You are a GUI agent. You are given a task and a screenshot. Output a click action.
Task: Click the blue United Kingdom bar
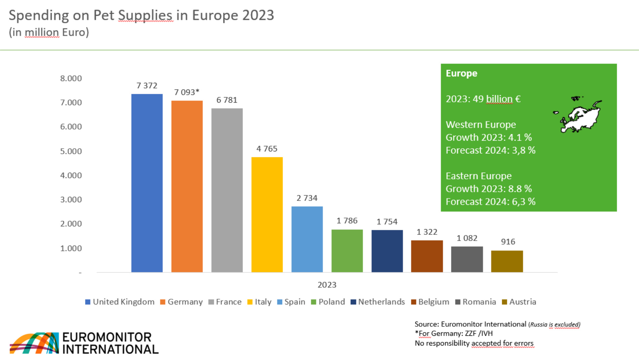tap(147, 183)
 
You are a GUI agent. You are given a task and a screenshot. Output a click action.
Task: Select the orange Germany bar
tap(187, 187)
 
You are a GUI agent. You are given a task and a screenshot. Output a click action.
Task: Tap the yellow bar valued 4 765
tap(267, 215)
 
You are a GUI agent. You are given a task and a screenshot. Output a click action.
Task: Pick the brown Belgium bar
tap(427, 256)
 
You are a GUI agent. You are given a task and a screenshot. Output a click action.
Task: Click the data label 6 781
tap(227, 100)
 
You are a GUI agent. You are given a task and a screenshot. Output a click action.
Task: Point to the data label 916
tap(508, 242)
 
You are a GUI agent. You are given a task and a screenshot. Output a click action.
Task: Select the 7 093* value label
tap(187, 92)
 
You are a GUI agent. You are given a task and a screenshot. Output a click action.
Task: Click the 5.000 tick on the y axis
tap(71, 151)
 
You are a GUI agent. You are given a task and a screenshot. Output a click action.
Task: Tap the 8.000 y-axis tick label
tap(71, 78)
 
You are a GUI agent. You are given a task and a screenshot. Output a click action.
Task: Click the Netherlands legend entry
tap(378, 302)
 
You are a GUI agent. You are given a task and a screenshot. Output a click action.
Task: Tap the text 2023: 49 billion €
tap(483, 99)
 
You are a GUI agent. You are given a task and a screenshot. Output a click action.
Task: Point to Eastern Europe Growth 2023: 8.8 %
tap(488, 189)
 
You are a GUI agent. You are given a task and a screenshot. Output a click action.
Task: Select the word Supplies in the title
tap(145, 15)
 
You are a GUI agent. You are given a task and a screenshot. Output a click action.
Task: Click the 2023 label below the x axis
tap(327, 285)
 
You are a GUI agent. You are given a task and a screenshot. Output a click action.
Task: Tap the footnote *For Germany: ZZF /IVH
tap(454, 333)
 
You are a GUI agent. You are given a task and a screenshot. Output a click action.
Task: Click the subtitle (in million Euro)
tap(49, 32)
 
